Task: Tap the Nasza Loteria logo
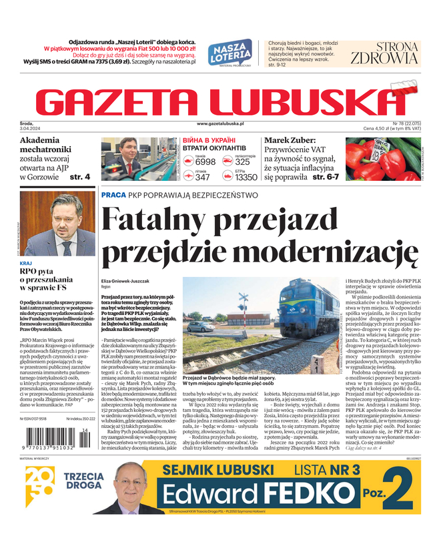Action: (230, 52)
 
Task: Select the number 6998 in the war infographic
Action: (205, 162)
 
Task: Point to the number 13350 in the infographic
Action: (246, 178)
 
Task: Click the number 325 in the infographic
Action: (243, 162)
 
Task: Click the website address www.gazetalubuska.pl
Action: (220, 123)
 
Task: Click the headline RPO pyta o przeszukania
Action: (47, 281)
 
